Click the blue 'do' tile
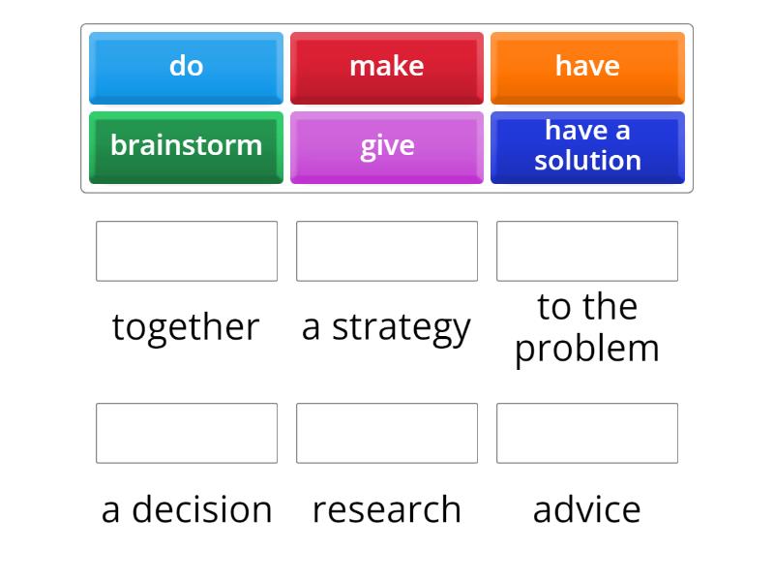point(186,67)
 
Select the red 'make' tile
point(386,67)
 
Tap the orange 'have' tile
point(587,67)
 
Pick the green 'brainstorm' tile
point(186,146)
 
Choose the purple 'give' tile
point(386,146)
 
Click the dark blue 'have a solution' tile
point(587,146)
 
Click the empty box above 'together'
point(187,251)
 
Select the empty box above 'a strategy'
point(387,251)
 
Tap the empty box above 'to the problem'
point(587,251)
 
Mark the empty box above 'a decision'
point(187,433)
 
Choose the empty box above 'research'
point(387,433)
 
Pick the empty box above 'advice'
point(587,433)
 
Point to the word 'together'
point(186,327)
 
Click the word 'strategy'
point(401,327)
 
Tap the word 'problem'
point(587,349)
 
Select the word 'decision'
point(201,509)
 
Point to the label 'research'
point(387,509)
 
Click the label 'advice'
point(587,509)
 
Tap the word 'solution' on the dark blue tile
point(587,160)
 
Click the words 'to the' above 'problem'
point(587,307)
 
